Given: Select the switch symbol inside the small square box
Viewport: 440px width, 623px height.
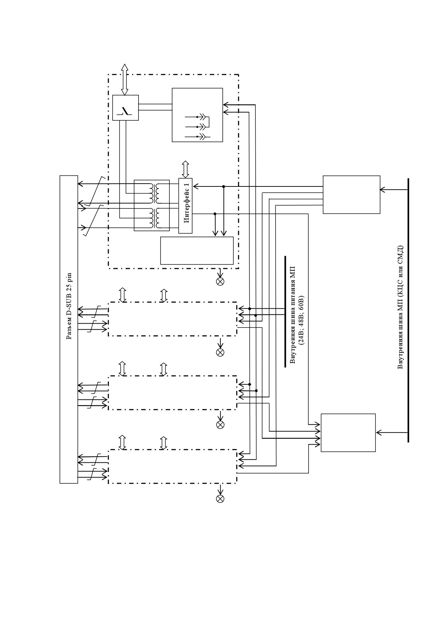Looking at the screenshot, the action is (125, 111).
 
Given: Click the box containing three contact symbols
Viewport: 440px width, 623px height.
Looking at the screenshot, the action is (197, 115).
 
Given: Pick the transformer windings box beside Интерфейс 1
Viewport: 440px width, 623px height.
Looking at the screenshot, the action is (152, 205).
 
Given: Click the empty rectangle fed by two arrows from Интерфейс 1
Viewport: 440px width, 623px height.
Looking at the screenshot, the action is (197, 251).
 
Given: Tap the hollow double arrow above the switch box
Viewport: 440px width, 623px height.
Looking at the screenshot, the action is (125, 80).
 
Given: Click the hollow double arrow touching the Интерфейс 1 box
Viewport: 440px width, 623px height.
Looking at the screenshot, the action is (185, 169).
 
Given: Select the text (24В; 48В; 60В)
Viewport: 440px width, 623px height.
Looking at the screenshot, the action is (301, 320).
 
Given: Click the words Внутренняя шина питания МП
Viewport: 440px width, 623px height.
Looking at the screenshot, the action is (293, 315).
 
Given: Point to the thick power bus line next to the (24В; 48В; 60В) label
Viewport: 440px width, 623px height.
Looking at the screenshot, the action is (285, 311).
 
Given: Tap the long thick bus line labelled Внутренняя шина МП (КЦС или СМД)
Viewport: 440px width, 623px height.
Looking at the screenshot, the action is (408, 310).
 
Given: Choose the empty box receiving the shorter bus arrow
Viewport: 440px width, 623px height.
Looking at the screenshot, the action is (352, 195).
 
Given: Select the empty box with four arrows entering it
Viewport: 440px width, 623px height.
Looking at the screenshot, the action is (348, 433).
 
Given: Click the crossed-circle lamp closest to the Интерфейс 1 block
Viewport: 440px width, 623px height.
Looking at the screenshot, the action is (220, 282).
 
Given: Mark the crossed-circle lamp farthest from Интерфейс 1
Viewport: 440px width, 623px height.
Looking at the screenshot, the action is (220, 499).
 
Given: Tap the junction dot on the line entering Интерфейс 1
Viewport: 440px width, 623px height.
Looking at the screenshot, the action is (223, 186).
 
